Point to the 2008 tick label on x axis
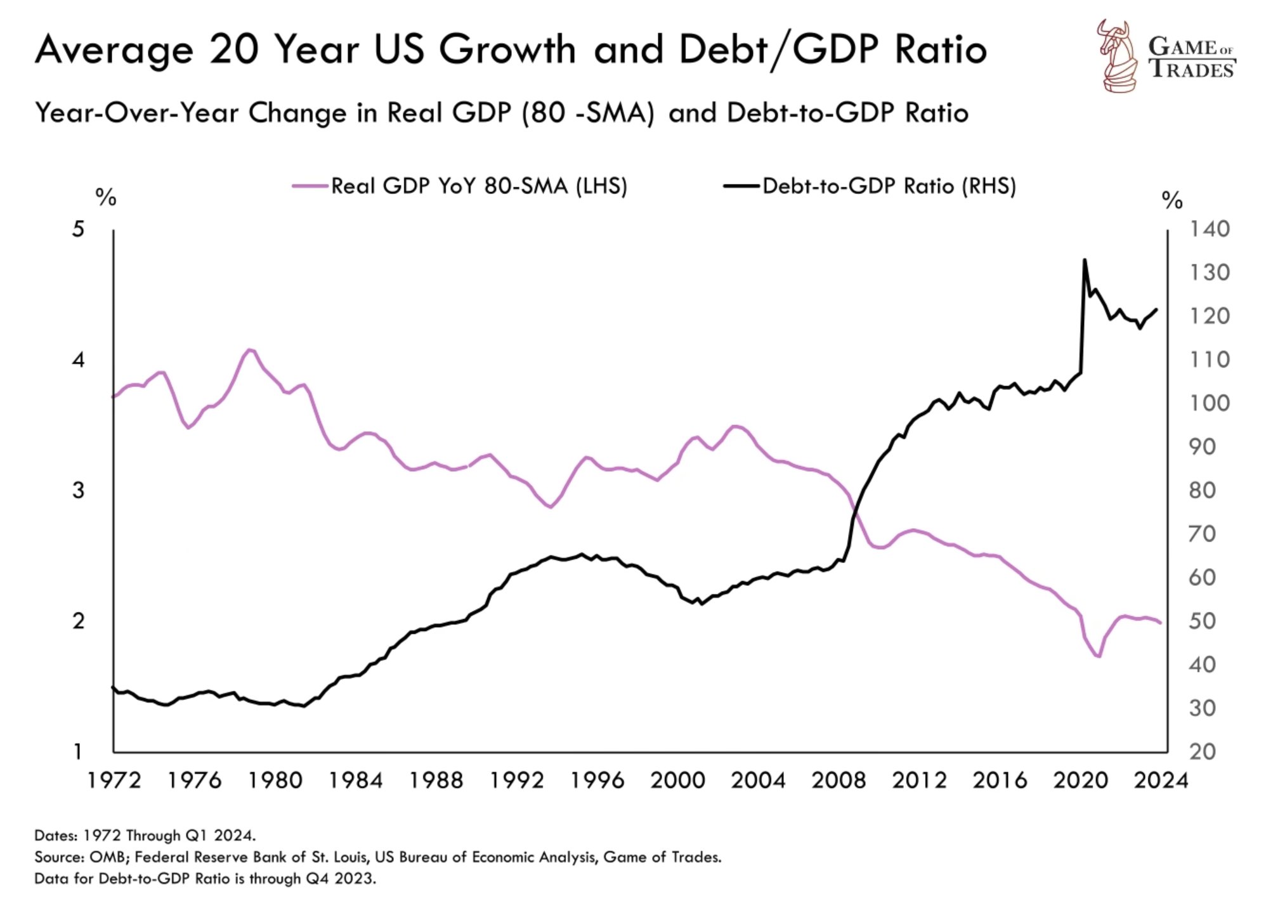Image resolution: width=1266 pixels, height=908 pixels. [839, 780]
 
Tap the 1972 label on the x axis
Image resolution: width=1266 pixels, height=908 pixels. [114, 780]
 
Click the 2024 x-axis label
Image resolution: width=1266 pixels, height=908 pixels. [1161, 780]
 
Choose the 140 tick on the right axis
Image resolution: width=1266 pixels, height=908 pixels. [1209, 229]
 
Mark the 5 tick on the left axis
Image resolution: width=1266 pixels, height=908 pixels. [78, 229]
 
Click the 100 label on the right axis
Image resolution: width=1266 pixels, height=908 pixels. [1209, 403]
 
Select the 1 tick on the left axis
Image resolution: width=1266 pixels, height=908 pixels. [78, 752]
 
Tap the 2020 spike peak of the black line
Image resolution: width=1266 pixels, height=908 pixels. [1085, 259]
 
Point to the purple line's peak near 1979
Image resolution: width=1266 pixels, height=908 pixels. [250, 349]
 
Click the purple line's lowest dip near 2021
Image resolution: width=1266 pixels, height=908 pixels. [1098, 656]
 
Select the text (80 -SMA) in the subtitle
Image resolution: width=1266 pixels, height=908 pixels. [588, 113]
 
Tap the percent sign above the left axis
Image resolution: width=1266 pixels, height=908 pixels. [106, 197]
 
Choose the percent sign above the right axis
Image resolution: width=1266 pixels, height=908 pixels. [1172, 200]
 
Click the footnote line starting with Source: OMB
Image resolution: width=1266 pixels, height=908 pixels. [377, 857]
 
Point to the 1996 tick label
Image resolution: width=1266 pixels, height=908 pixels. [597, 780]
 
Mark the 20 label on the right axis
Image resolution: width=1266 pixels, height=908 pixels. [1203, 752]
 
